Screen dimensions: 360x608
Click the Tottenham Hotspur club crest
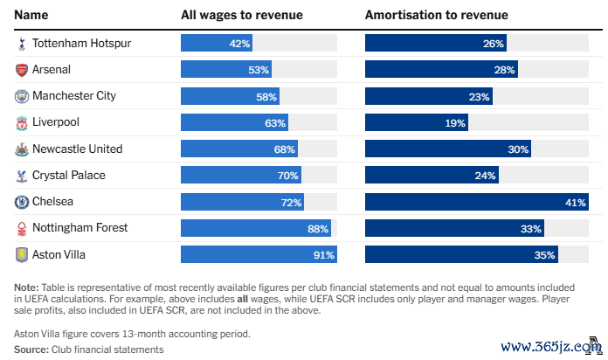pos(21,43)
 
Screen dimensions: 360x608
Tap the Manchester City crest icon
pos(21,96)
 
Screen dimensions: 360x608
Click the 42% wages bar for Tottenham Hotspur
pos(218,43)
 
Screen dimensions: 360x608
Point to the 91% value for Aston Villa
pos(324,255)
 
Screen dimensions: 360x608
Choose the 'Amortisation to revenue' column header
pos(436,15)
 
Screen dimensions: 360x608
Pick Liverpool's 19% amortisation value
pos(455,123)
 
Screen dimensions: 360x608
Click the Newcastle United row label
pos(77,149)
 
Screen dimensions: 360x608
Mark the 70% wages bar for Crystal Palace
pos(241,176)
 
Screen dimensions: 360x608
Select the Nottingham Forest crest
pos(21,229)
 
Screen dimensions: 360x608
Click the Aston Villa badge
pos(21,255)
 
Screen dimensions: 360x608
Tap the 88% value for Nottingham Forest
pos(319,229)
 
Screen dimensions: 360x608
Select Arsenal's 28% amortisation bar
pos(442,69)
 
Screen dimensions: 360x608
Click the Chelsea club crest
pos(21,202)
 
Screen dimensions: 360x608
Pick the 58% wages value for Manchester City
pos(266,96)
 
